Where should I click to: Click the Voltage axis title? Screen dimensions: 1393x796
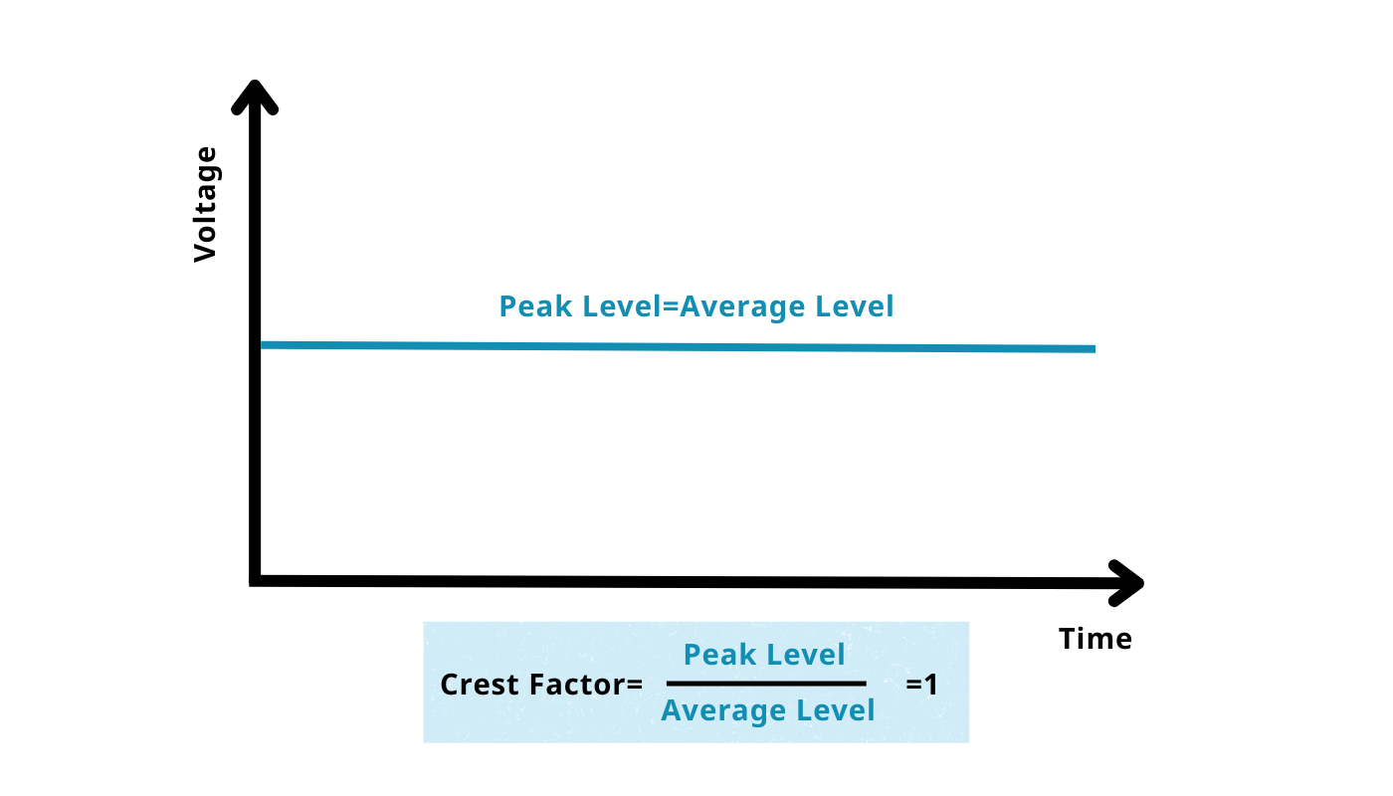pos(205,205)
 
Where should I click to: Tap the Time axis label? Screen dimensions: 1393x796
pos(1095,639)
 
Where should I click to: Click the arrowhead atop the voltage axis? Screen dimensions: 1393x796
pos(255,98)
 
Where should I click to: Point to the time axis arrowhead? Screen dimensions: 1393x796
pos(1126,583)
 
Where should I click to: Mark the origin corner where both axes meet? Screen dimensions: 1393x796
pos(255,580)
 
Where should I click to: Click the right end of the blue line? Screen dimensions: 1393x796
pos(1094,349)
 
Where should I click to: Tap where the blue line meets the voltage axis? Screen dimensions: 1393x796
pos(261,345)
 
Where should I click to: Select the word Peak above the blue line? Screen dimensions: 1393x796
pos(535,306)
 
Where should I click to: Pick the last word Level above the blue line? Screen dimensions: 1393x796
pos(855,306)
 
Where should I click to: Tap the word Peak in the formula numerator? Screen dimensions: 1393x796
pos(720,655)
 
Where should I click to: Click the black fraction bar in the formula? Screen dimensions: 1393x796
pos(766,684)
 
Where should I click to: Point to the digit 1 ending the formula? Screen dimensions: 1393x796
pos(930,685)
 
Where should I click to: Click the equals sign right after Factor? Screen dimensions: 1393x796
pos(635,686)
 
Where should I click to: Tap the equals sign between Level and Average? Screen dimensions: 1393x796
pos(671,306)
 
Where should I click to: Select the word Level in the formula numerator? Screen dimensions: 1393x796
pos(806,655)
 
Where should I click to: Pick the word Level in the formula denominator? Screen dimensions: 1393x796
pos(835,710)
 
